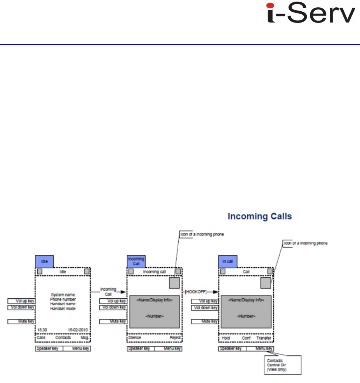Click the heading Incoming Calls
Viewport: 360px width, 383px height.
tap(259, 216)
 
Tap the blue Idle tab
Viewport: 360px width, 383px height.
tap(44, 261)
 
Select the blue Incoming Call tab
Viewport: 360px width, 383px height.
tap(136, 261)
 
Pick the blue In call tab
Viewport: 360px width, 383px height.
tap(227, 261)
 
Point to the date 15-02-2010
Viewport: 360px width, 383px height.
tap(79, 330)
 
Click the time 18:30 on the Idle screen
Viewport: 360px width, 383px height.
tap(42, 330)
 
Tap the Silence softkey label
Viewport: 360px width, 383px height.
tap(135, 338)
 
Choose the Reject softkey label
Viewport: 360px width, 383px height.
tap(175, 338)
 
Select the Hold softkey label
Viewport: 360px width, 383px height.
tap(226, 338)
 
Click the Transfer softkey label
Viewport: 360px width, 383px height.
tap(264, 338)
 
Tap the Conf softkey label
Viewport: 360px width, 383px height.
tap(246, 338)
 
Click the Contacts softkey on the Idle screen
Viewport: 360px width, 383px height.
tap(63, 338)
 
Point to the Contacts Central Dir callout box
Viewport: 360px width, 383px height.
tap(282, 366)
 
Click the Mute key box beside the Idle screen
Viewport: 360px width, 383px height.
tap(21, 322)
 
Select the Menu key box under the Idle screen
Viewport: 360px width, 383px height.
tap(77, 349)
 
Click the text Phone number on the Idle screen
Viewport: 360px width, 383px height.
tap(63, 299)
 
